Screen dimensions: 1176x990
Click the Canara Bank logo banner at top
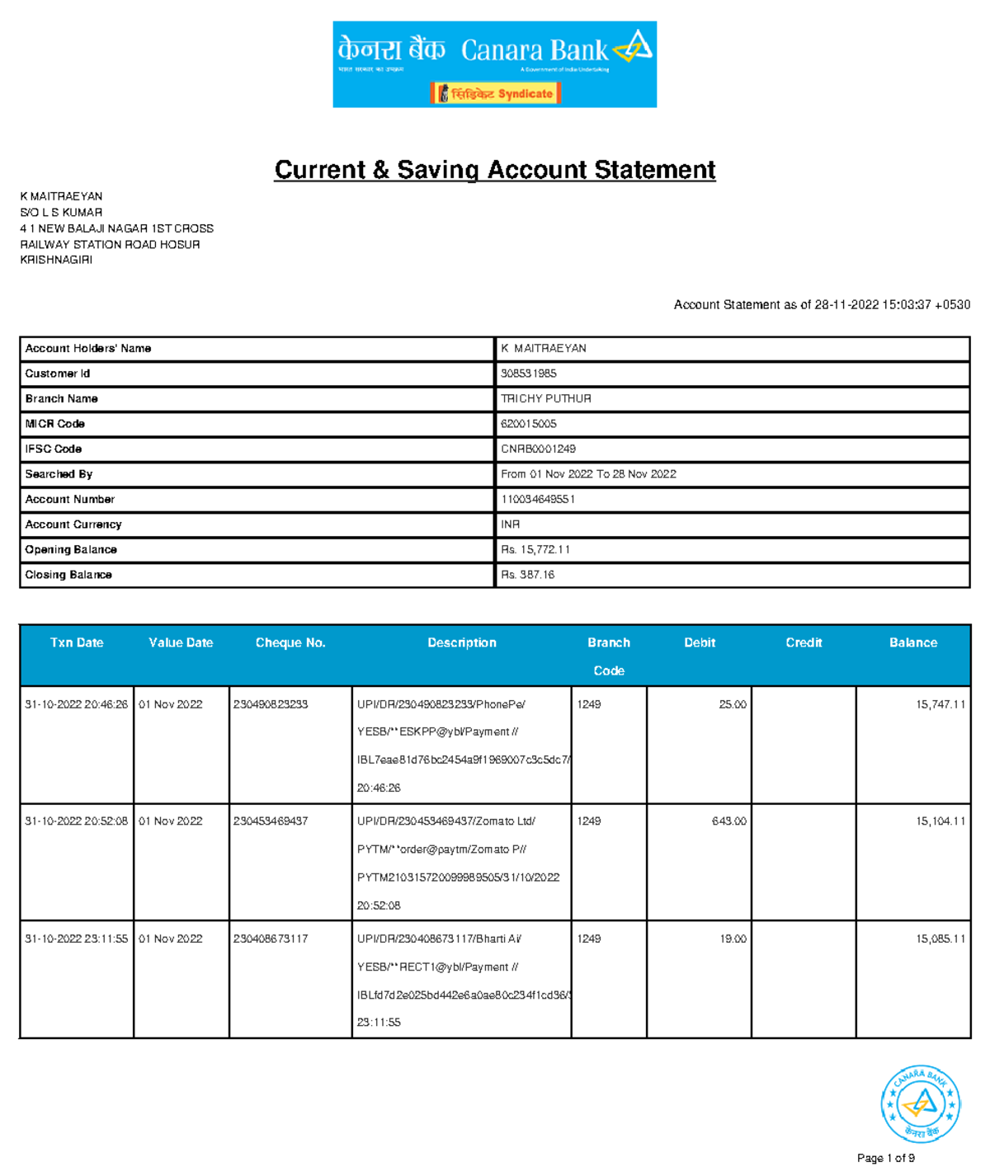coord(494,64)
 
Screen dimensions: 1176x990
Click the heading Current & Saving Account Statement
coord(494,170)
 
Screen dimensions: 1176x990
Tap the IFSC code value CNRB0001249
coord(538,449)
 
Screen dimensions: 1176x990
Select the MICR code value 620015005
coord(529,424)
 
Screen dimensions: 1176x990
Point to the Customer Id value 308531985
coord(529,374)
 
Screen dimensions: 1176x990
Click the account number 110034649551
coord(538,499)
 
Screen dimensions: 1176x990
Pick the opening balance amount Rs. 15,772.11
coord(535,549)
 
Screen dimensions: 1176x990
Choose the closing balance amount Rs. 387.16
coord(528,575)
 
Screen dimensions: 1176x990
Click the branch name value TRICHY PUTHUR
coord(546,398)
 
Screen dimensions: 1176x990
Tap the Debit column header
coord(700,642)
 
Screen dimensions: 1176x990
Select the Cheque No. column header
coord(290,642)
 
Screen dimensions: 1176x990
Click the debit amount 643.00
coord(729,821)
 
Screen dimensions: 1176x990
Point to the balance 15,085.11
coord(940,938)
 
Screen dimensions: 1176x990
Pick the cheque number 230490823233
coord(271,704)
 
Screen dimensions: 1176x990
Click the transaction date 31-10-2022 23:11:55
coord(77,938)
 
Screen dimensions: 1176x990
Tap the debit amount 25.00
coord(733,704)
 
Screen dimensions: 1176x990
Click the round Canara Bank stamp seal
coord(920,1103)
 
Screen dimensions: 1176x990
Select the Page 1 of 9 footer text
coord(886,1158)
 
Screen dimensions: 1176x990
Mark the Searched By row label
coord(59,474)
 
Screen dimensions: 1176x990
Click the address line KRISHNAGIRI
coord(56,260)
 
